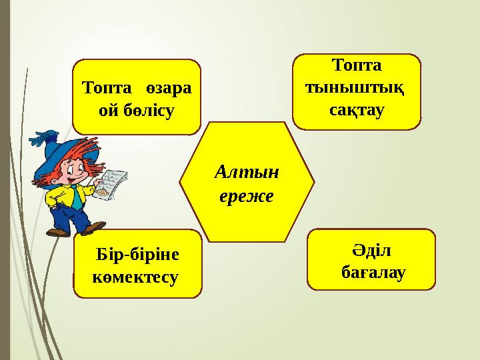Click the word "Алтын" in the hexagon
(x=247, y=173)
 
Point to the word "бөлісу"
(x=147, y=109)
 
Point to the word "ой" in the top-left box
(x=107, y=109)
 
